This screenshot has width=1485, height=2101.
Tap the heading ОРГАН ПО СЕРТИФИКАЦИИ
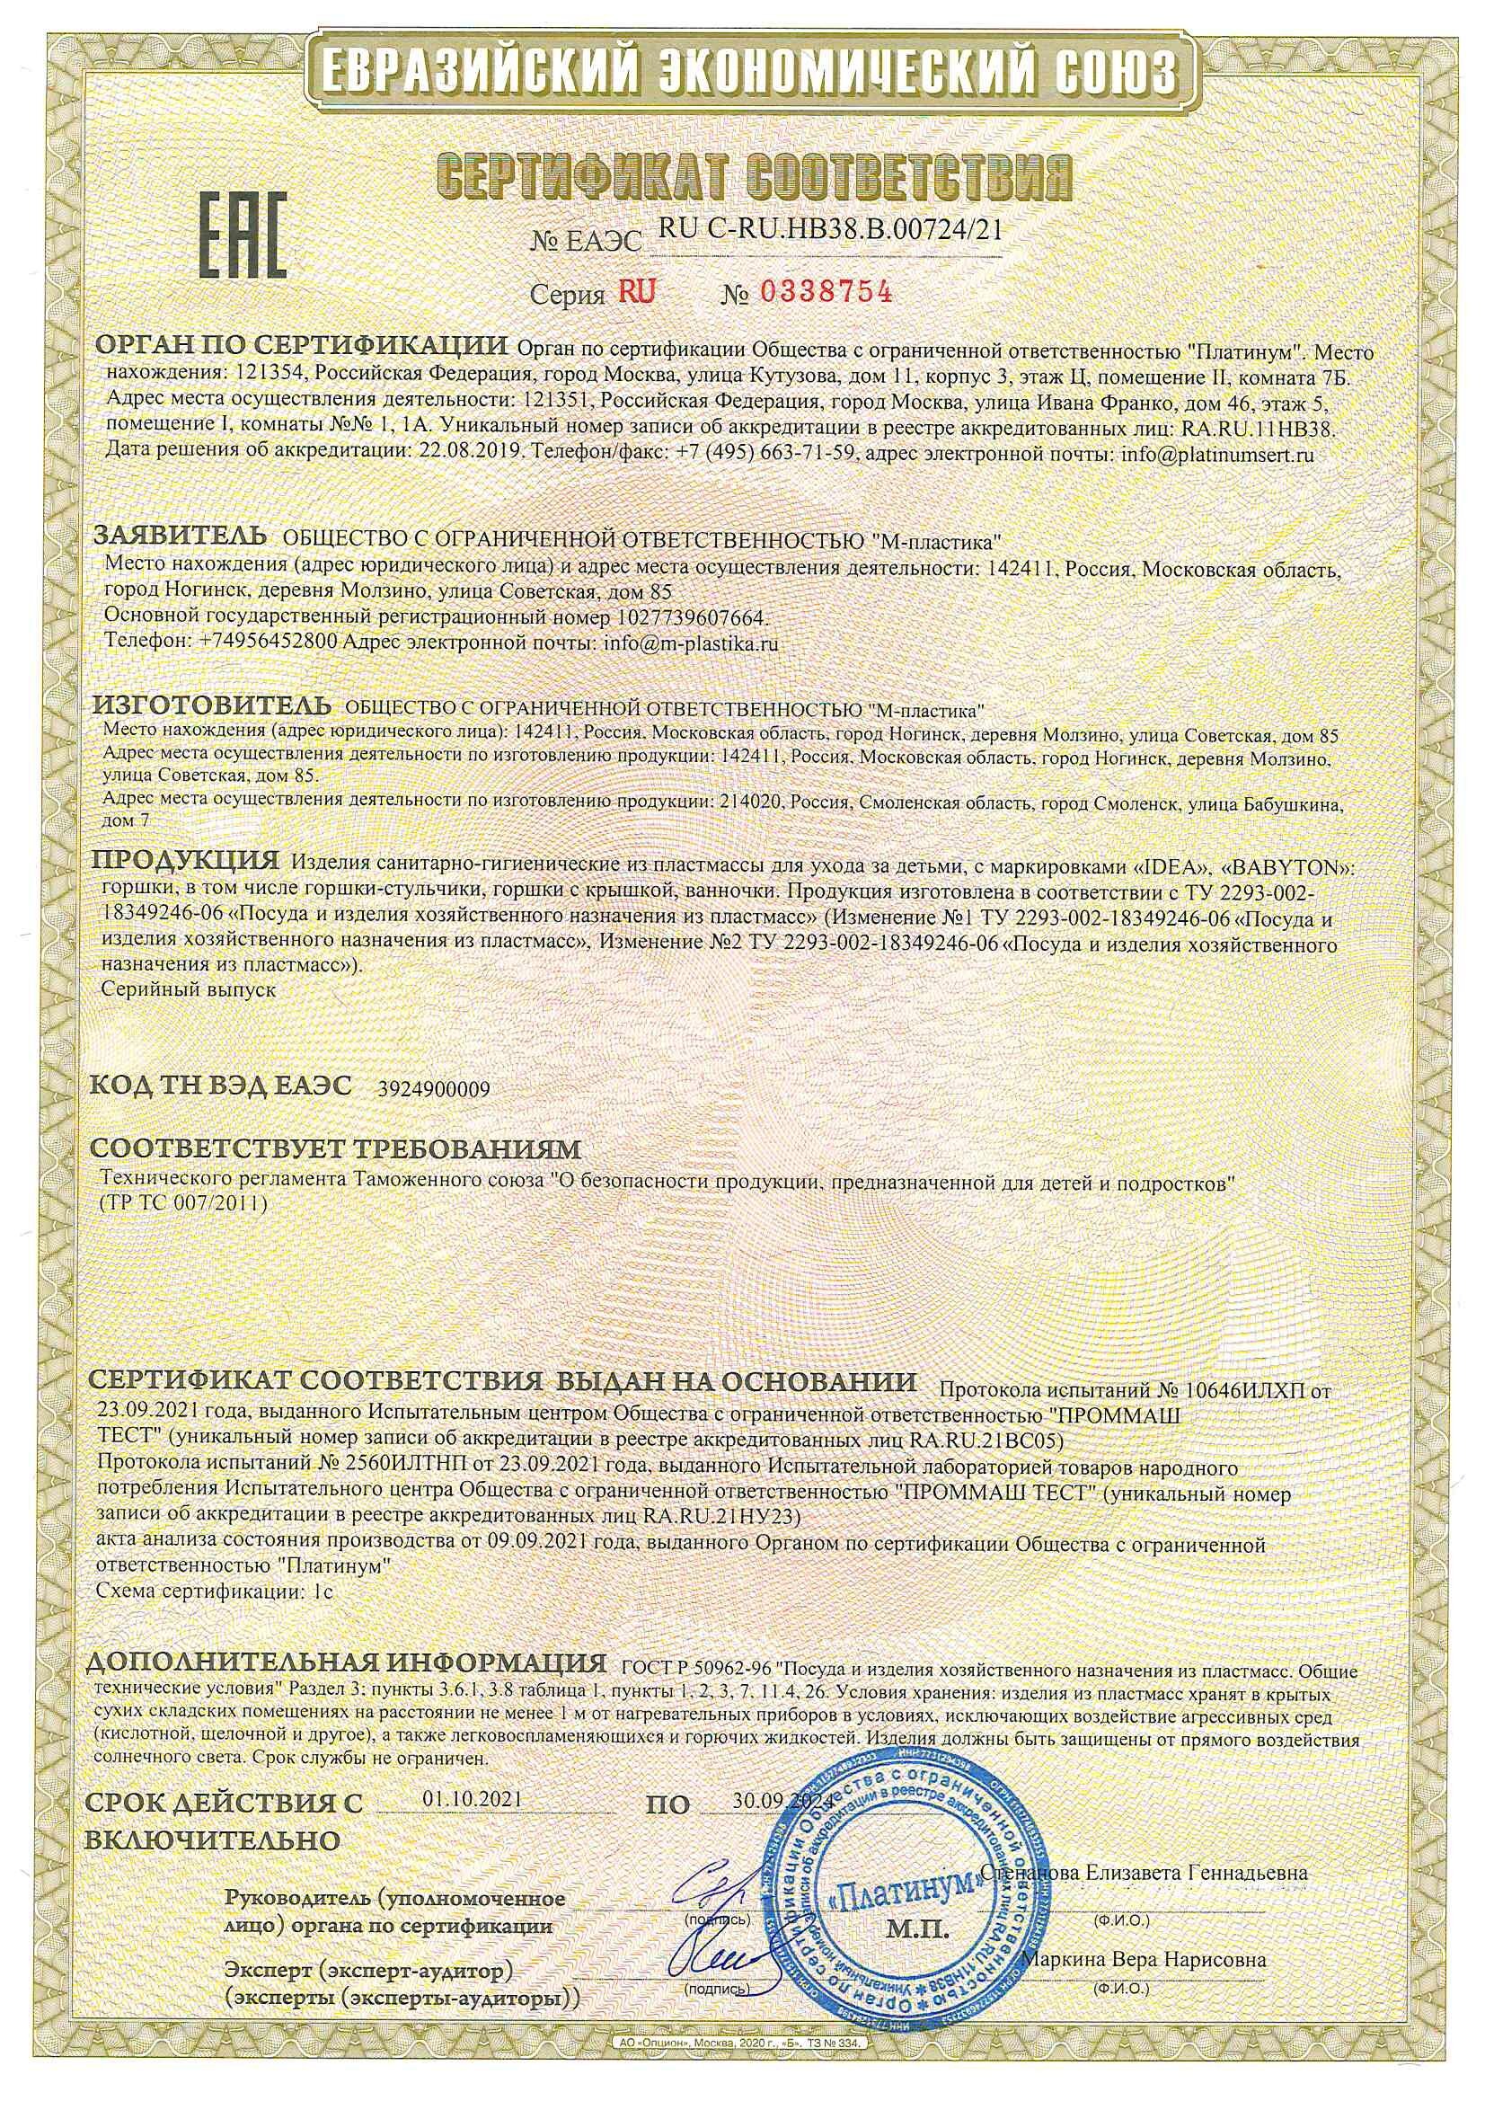303,346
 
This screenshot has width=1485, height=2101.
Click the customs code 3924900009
434,1090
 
